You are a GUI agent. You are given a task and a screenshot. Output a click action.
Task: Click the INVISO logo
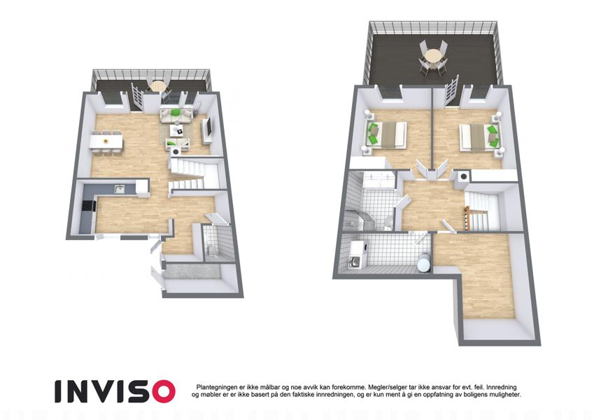tap(115, 391)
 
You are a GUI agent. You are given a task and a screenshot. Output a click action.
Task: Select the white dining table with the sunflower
tap(107, 143)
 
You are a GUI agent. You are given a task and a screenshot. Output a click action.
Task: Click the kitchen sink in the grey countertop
tap(120, 189)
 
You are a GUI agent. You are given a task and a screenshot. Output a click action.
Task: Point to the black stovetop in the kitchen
tap(89, 205)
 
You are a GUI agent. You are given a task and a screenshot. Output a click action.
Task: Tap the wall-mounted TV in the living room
tap(208, 128)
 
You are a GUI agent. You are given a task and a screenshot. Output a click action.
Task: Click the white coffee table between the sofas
tap(177, 131)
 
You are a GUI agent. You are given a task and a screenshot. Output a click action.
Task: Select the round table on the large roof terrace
tap(433, 57)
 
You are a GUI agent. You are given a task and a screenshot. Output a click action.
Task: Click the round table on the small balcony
tap(157, 86)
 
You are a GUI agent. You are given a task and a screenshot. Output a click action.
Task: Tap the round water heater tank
tap(423, 262)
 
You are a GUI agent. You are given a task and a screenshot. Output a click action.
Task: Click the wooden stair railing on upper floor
tap(468, 218)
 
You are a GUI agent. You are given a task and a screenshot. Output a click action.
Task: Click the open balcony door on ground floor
tap(136, 97)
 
